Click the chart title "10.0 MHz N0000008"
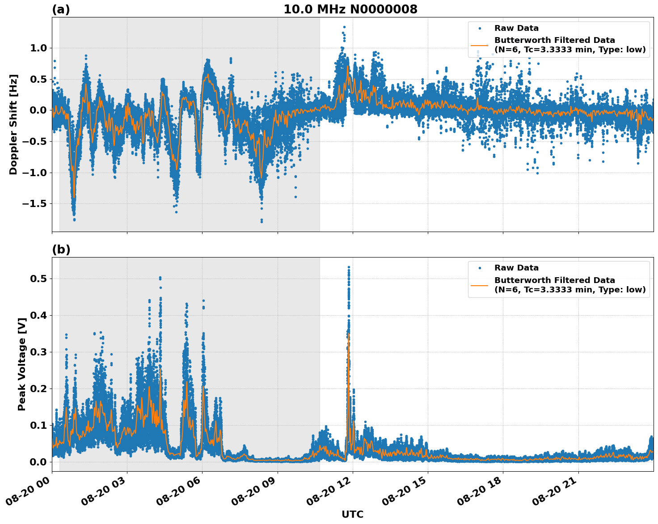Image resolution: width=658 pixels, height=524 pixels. pyautogui.click(x=350, y=9)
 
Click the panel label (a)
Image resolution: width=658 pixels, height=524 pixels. pyautogui.click(x=61, y=9)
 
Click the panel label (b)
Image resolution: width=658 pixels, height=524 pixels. pyautogui.click(x=61, y=249)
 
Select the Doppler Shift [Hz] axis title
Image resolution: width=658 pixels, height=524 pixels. pyautogui.click(x=13, y=124)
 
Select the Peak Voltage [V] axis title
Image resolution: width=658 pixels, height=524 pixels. pyautogui.click(x=21, y=364)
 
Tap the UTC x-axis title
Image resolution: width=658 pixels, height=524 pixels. pyautogui.click(x=352, y=514)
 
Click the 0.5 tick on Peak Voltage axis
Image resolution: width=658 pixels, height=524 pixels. pyautogui.click(x=39, y=279)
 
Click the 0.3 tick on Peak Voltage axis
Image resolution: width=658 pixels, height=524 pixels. pyautogui.click(x=39, y=352)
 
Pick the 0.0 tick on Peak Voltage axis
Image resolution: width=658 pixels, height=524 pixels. pyautogui.click(x=39, y=462)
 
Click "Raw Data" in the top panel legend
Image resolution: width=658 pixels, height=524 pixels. pyautogui.click(x=516, y=28)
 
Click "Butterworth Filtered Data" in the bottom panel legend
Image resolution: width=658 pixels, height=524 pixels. pyautogui.click(x=554, y=280)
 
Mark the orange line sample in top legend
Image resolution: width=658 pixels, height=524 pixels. pyautogui.click(x=480, y=45)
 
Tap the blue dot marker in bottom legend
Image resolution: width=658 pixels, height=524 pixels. pyautogui.click(x=480, y=268)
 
